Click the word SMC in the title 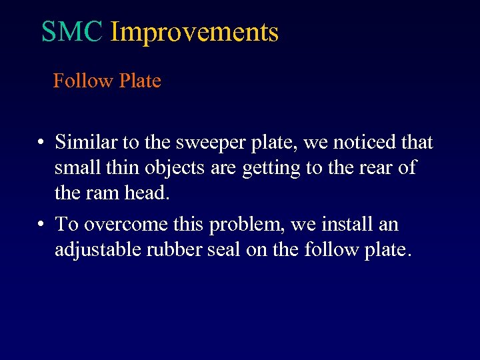click(x=72, y=31)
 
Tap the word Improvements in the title click(x=194, y=32)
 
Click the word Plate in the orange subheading click(x=140, y=81)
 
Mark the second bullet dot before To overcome click(x=41, y=225)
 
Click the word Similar click(x=82, y=142)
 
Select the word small click(x=75, y=167)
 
